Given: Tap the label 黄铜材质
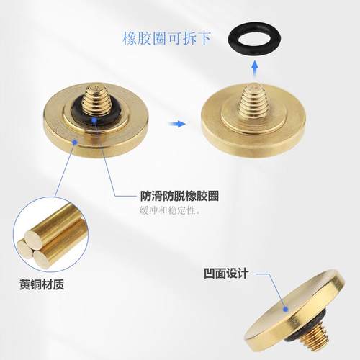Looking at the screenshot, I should (42, 283).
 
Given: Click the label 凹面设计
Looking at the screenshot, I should (227, 273).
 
